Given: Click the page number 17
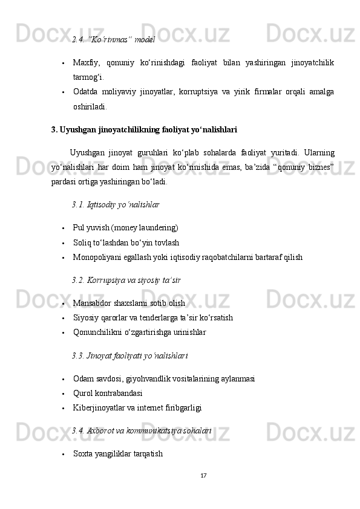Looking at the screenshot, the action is (204, 475).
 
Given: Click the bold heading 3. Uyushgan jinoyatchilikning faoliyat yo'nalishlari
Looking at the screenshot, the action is (145, 129).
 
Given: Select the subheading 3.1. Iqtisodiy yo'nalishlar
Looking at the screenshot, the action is (116, 205).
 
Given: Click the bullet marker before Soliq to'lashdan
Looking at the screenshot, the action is (63, 243).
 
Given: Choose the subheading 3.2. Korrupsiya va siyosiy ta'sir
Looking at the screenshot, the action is (126, 280).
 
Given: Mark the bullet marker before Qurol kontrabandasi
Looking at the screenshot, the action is (63, 394).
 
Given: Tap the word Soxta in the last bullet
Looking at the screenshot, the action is (82, 453).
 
